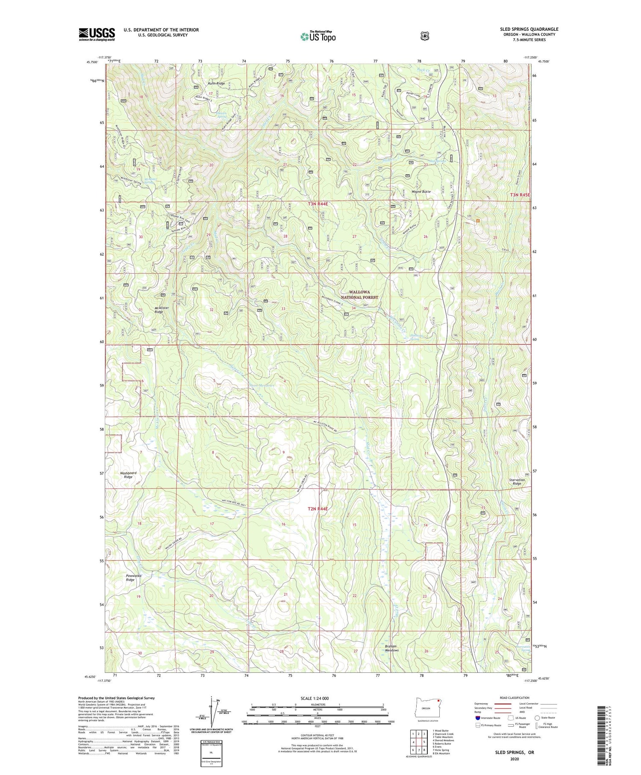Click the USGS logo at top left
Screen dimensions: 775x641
click(97, 34)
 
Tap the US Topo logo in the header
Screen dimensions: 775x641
click(318, 36)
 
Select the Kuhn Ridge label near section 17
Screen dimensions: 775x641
click(216, 83)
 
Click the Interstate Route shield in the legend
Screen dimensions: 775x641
click(478, 718)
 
